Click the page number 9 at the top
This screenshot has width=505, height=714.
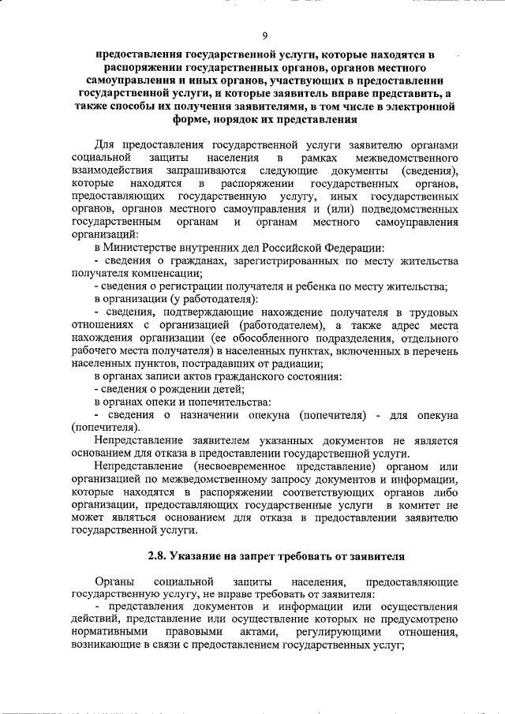[264, 34]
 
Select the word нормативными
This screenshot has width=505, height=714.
[110, 633]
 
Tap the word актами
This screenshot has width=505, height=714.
[256, 633]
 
